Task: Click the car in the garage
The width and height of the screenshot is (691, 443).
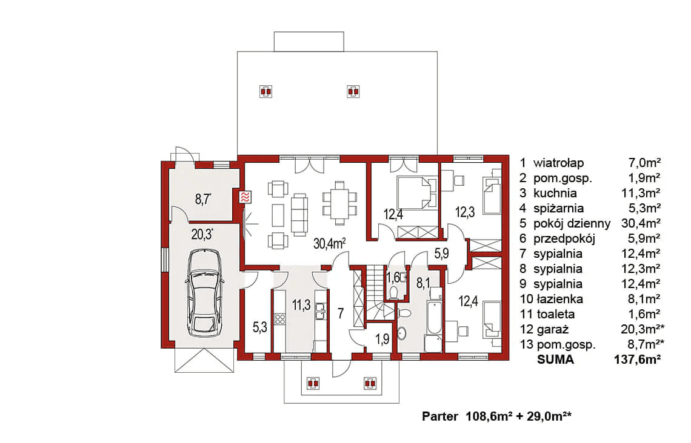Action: (x=204, y=293)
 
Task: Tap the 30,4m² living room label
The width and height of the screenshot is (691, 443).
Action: (x=329, y=243)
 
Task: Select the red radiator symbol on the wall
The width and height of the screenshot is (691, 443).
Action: (x=245, y=197)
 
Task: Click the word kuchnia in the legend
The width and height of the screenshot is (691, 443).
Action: (x=555, y=193)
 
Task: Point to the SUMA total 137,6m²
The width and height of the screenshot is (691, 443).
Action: (x=637, y=359)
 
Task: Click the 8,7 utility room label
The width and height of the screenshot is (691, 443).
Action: (x=203, y=199)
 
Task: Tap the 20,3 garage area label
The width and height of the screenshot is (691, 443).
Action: (x=202, y=234)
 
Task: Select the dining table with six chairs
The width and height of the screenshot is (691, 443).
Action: (x=339, y=203)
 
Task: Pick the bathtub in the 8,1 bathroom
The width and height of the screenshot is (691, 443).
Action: (x=433, y=318)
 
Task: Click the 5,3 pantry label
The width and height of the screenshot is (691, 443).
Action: (x=260, y=327)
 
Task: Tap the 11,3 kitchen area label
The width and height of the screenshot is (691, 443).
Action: (x=301, y=305)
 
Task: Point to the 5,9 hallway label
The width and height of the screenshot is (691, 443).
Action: (x=441, y=254)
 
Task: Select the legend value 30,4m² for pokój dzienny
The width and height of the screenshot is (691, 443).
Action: (x=641, y=223)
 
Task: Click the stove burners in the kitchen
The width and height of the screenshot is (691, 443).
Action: (x=280, y=318)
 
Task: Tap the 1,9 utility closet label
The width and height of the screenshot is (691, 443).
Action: (x=382, y=339)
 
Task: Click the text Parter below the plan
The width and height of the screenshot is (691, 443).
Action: (x=440, y=416)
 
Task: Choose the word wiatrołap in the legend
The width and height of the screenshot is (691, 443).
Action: (x=558, y=163)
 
